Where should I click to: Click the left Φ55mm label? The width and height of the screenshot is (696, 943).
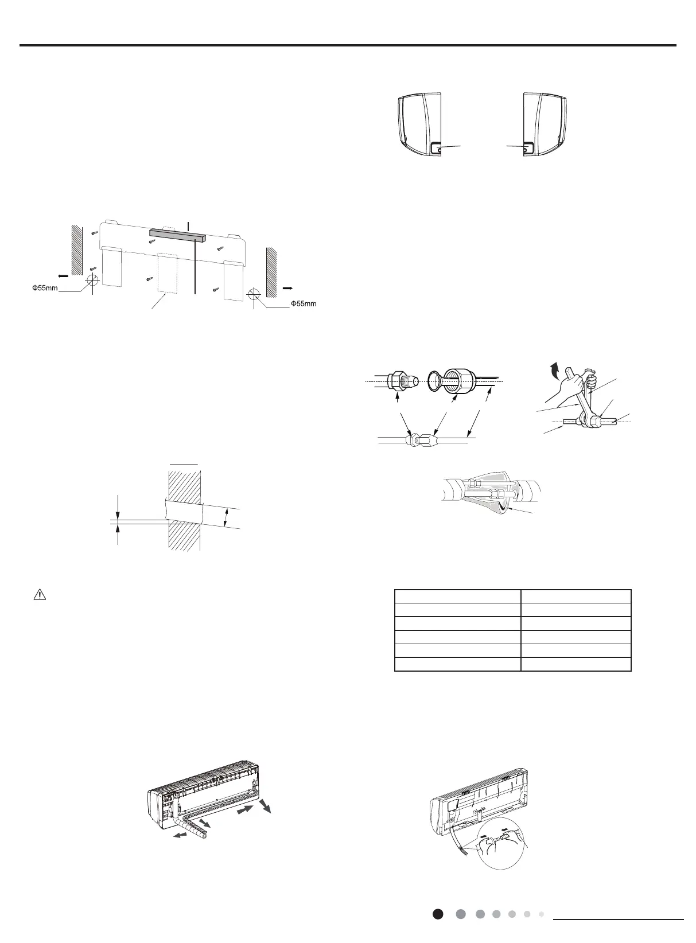pos(44,287)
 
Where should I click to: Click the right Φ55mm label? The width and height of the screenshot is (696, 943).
pos(303,303)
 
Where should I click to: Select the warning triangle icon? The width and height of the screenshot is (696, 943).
pos(39,595)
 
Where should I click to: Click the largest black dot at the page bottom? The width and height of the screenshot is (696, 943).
pos(438,914)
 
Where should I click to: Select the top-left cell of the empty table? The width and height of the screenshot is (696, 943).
pos(457,595)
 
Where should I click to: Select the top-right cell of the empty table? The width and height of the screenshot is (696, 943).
pos(576,595)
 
